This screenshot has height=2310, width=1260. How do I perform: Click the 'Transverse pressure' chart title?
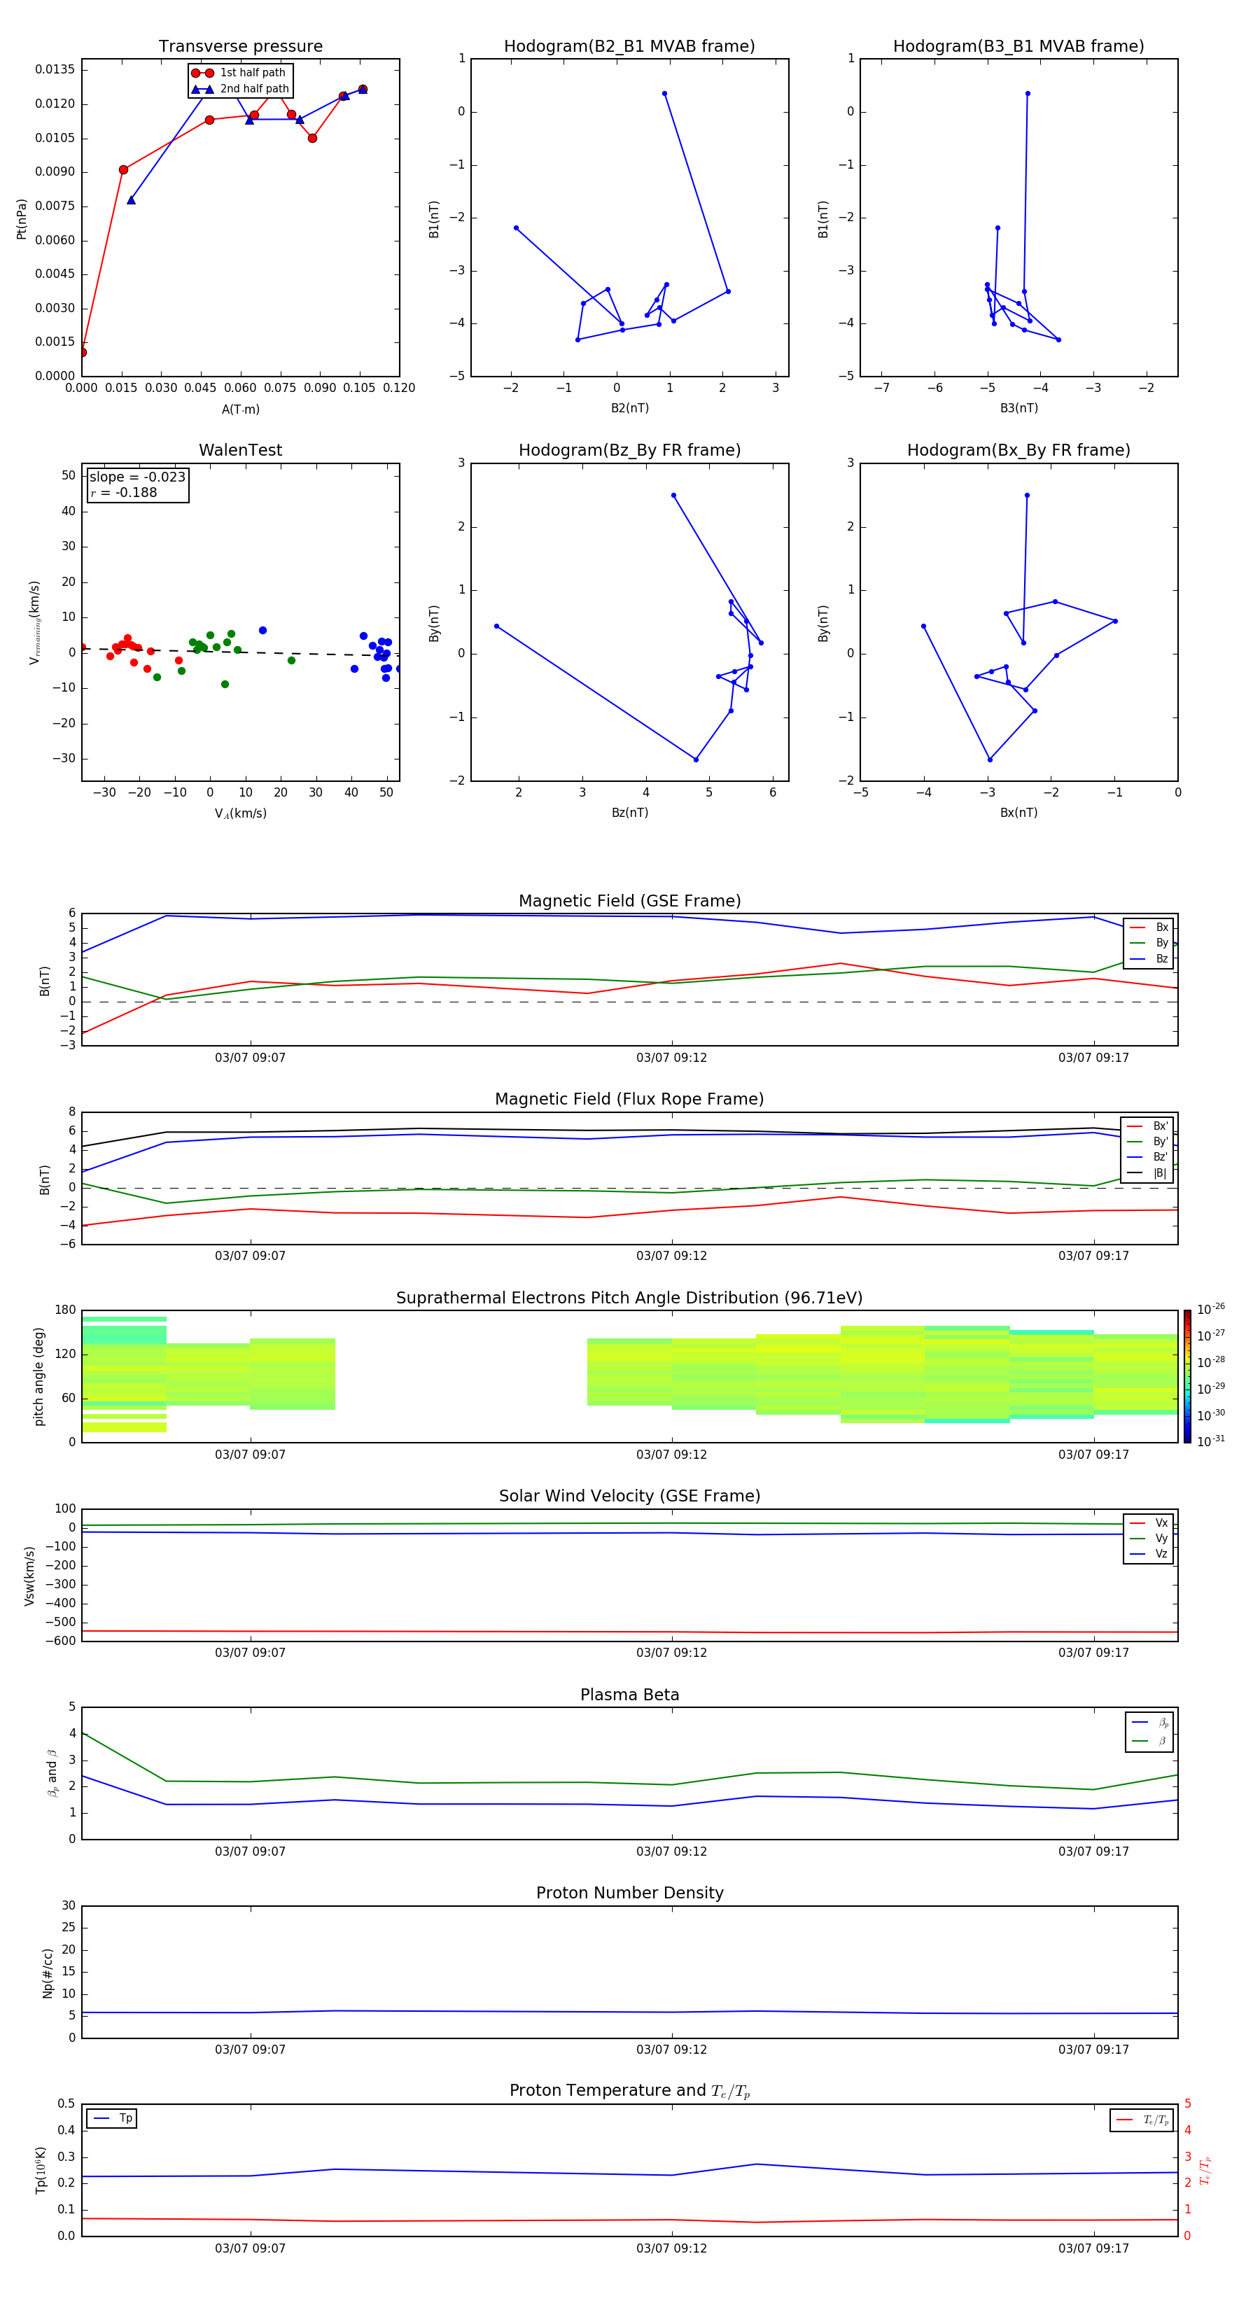[240, 47]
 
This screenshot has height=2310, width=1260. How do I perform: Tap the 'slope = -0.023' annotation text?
[137, 477]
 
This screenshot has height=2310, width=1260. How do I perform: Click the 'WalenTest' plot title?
[240, 450]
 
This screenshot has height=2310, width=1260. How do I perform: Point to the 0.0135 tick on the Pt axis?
[55, 70]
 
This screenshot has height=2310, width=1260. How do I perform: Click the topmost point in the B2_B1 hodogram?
[664, 93]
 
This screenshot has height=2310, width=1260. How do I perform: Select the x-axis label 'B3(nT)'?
[1018, 408]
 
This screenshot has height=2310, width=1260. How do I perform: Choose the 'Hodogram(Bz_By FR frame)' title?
[629, 450]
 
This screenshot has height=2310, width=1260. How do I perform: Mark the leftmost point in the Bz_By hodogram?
[497, 626]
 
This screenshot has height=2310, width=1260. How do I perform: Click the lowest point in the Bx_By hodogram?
[990, 759]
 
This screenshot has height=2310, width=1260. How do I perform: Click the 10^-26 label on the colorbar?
[1211, 1309]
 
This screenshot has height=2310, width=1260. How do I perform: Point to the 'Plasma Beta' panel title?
[629, 1695]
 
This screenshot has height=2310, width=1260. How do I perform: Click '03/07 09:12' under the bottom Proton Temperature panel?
[672, 2248]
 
